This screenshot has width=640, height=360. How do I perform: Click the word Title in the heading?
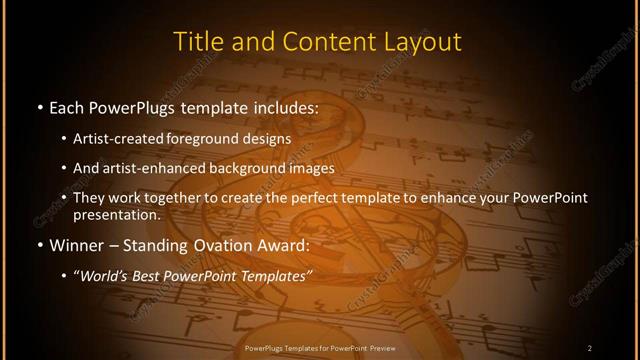click(x=195, y=42)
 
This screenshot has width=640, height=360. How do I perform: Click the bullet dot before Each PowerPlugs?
click(x=38, y=105)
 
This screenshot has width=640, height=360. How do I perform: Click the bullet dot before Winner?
click(x=38, y=244)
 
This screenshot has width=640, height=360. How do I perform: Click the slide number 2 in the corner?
click(x=590, y=347)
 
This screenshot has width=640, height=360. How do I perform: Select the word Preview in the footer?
click(x=377, y=347)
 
